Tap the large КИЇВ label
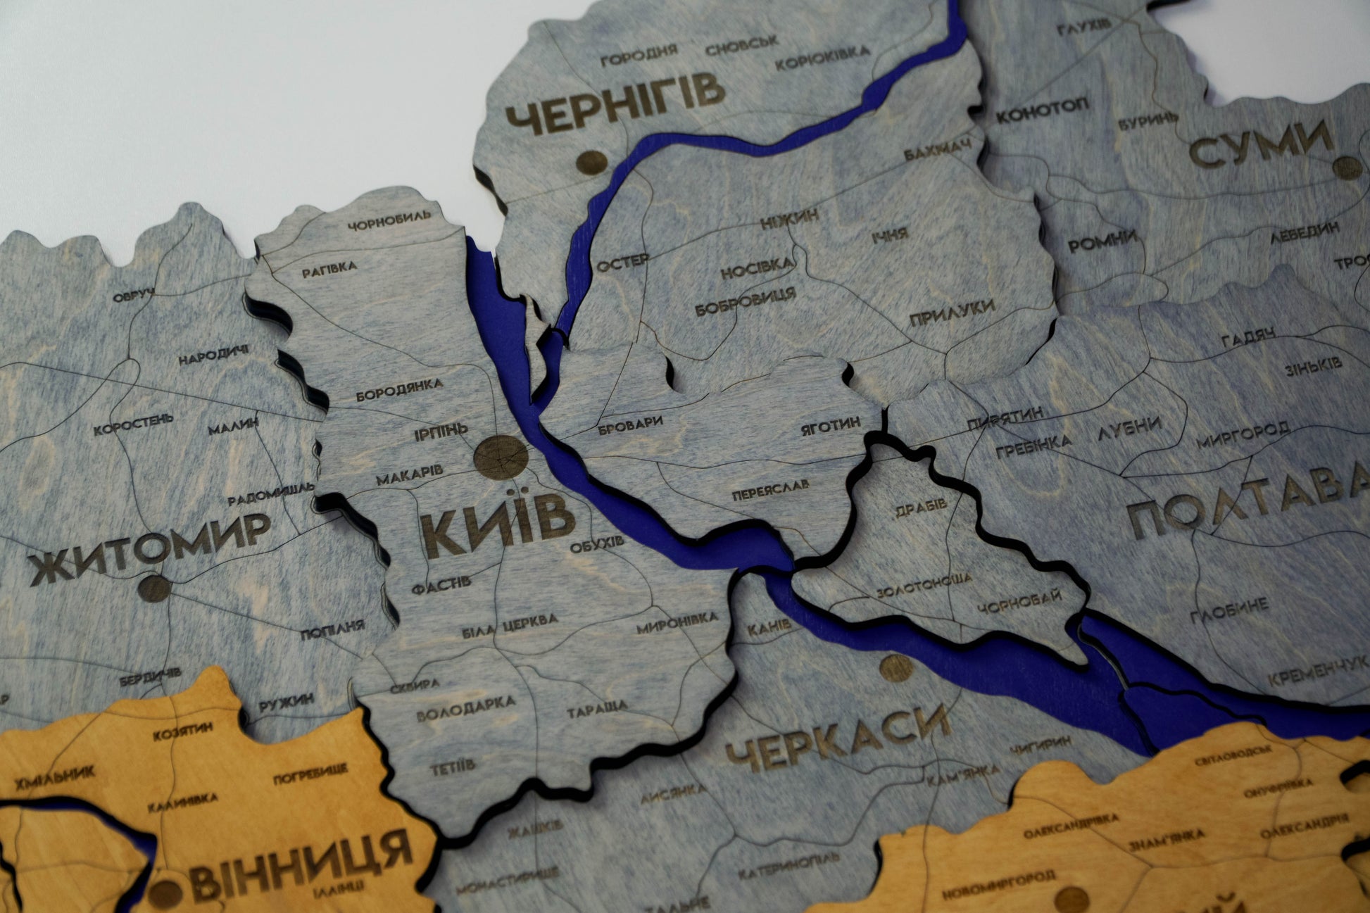click(498, 529)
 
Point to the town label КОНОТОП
click(1043, 110)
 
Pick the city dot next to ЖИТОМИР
click(154, 588)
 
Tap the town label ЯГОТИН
click(831, 425)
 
